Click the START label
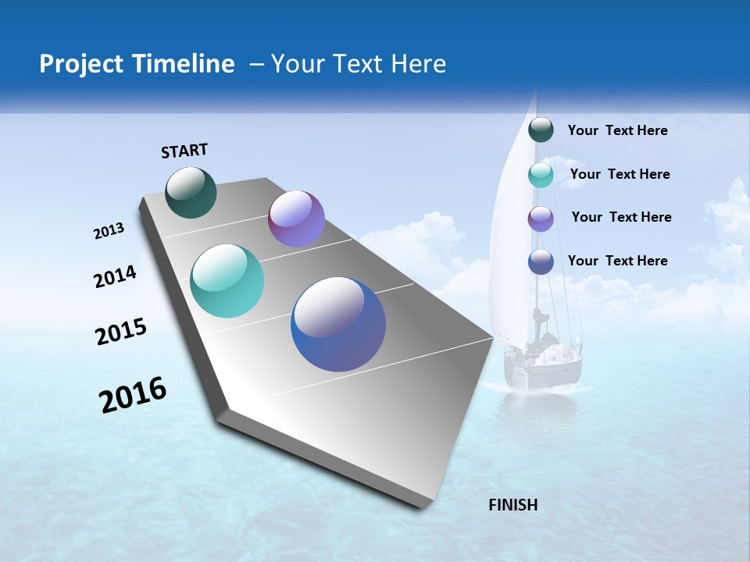pyautogui.click(x=184, y=151)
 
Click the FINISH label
pyautogui.click(x=513, y=505)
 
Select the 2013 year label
pyautogui.click(x=109, y=231)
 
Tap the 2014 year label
pyautogui.click(x=115, y=277)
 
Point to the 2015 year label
pyautogui.click(x=120, y=332)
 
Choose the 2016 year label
pyautogui.click(x=133, y=395)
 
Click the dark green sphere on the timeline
pyautogui.click(x=191, y=193)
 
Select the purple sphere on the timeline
pyautogui.click(x=296, y=219)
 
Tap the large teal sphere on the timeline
pyautogui.click(x=227, y=281)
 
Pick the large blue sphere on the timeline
pyautogui.click(x=338, y=324)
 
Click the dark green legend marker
pyautogui.click(x=541, y=130)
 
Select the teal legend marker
pyautogui.click(x=541, y=175)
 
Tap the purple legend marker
pyautogui.click(x=541, y=219)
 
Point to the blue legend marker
pyautogui.click(x=541, y=261)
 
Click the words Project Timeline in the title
pyautogui.click(x=137, y=64)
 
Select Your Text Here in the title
pyautogui.click(x=359, y=64)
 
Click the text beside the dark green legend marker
pyautogui.click(x=617, y=130)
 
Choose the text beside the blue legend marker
pyautogui.click(x=617, y=261)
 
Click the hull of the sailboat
pyautogui.click(x=544, y=371)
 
